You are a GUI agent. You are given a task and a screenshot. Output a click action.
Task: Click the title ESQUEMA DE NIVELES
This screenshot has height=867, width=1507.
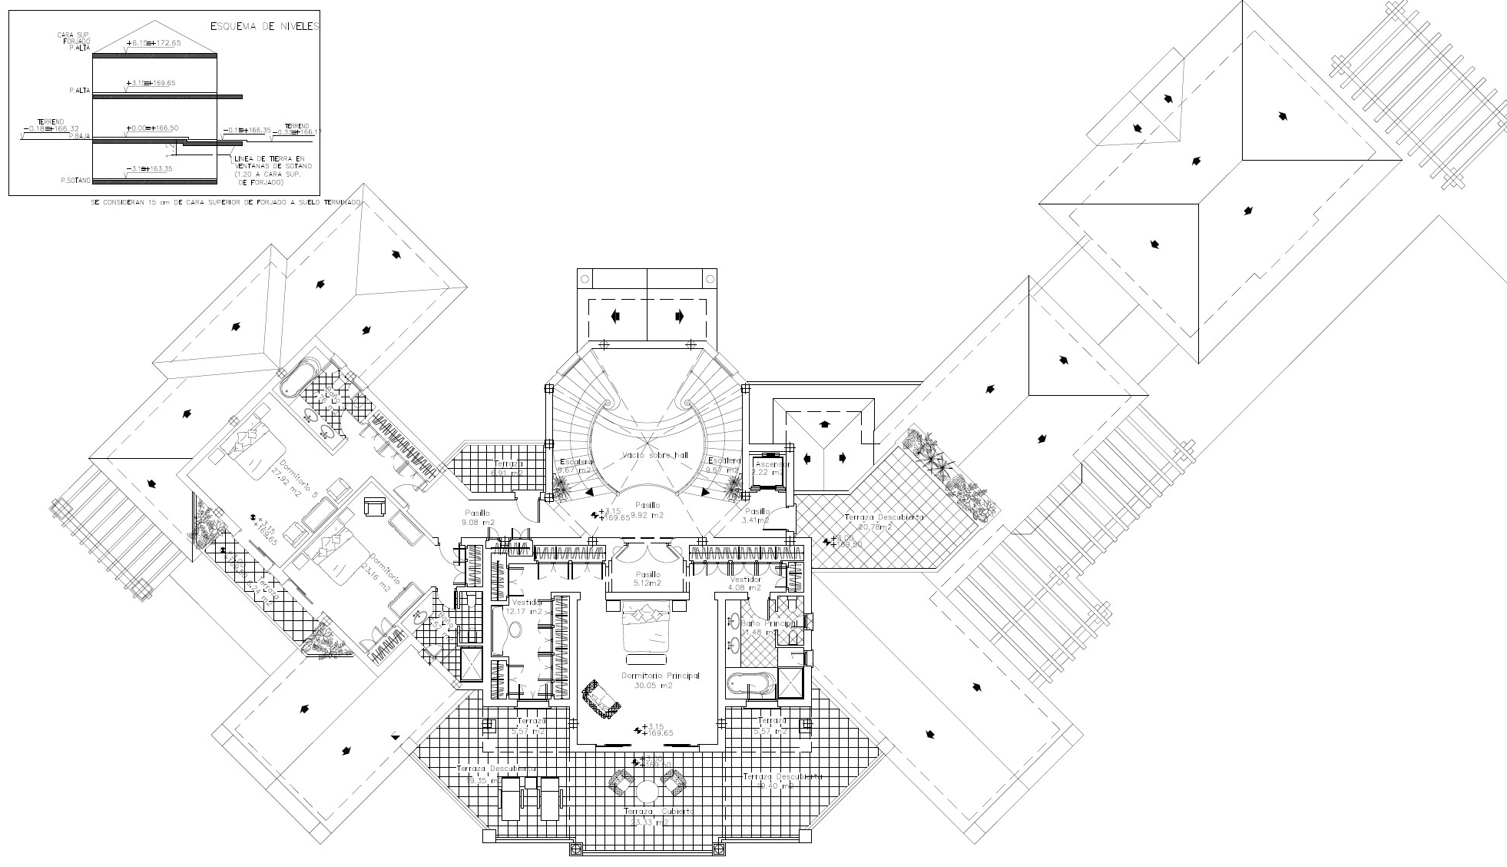(265, 26)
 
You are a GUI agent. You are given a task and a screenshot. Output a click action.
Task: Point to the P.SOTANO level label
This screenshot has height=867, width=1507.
(76, 181)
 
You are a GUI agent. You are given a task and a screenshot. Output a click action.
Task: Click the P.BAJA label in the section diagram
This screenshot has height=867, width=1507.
(80, 136)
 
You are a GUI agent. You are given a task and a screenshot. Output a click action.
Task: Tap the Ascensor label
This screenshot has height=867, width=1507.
(772, 465)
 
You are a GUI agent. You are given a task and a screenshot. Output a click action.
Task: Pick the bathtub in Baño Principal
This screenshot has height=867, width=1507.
(750, 683)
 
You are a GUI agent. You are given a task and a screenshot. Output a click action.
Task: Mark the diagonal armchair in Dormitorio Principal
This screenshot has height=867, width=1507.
(600, 699)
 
